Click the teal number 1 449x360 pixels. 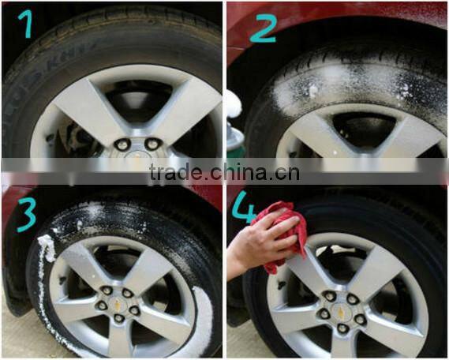pyautogui.click(x=26, y=24)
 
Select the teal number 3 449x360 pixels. pyautogui.click(x=26, y=214)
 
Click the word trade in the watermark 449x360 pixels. pyautogui.click(x=170, y=173)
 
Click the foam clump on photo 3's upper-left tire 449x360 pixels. pyautogui.click(x=46, y=247)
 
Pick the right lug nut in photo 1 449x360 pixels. pyautogui.click(x=153, y=144)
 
